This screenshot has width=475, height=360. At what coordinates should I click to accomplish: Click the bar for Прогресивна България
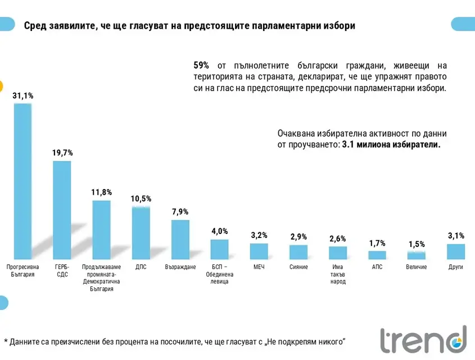[22, 180]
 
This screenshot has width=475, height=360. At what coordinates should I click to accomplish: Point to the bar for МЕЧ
[259, 251]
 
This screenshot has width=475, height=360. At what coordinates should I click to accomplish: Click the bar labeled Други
[456, 251]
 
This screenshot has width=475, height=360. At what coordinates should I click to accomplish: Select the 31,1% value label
[22, 96]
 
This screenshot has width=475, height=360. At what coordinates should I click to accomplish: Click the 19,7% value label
[62, 153]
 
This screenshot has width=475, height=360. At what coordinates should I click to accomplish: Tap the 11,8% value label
[101, 192]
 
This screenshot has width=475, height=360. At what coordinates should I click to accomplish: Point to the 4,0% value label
[220, 231]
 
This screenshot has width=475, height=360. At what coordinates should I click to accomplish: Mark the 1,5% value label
[417, 244]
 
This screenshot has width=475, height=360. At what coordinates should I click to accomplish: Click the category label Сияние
[298, 267]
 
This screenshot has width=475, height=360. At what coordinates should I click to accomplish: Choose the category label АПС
[377, 267]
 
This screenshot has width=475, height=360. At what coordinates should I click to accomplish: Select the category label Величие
[417, 267]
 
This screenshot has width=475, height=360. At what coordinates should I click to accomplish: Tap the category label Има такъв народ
[338, 274]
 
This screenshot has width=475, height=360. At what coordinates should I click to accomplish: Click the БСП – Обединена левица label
[220, 274]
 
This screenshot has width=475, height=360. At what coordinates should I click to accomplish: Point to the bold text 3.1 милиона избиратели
[391, 145]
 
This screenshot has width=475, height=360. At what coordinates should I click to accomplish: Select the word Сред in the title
[34, 26]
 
